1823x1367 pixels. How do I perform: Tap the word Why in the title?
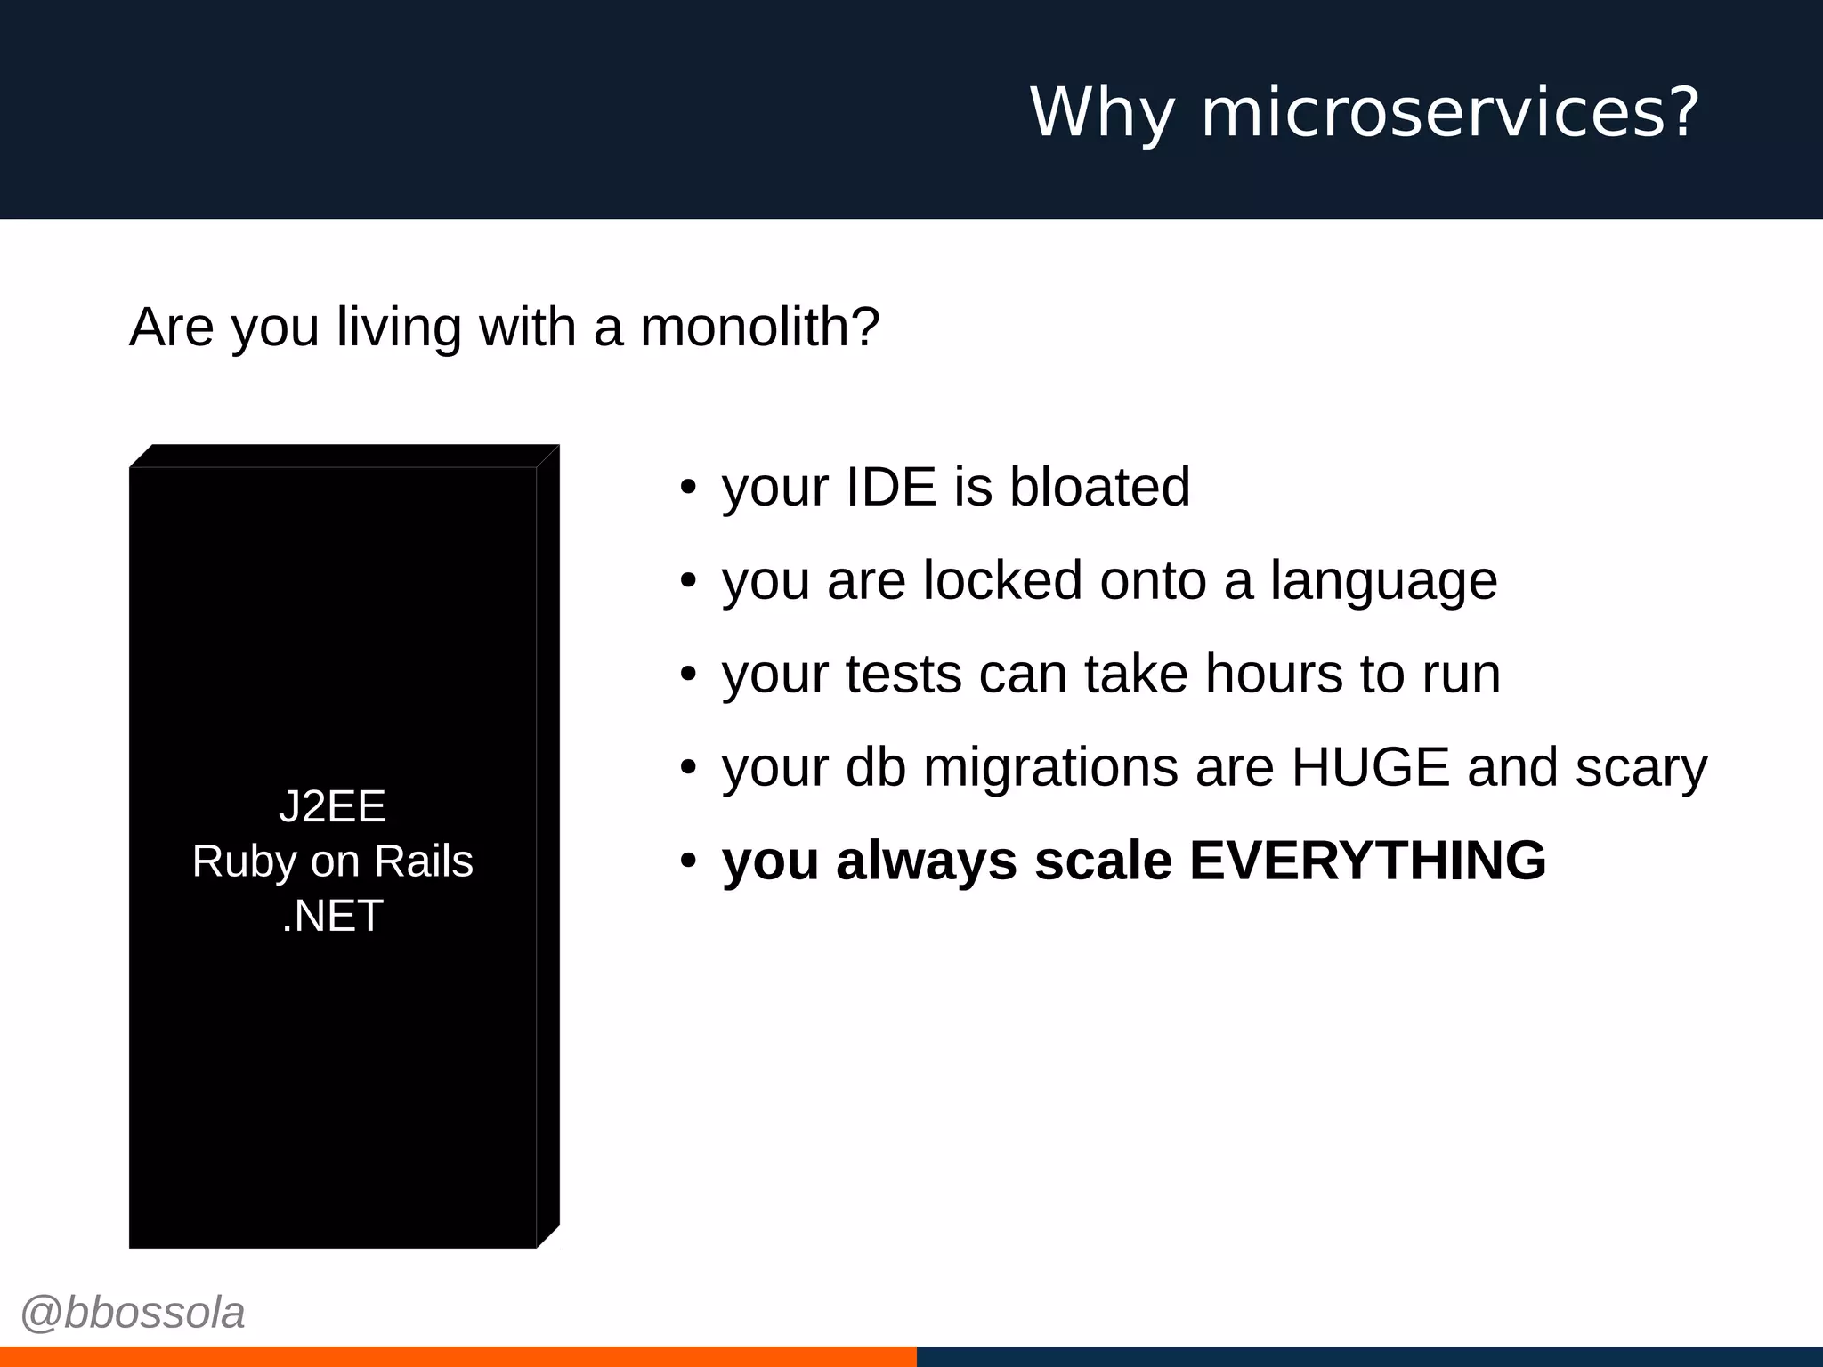(x=1102, y=113)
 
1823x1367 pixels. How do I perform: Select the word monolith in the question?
(x=759, y=327)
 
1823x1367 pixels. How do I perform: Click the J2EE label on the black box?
(x=332, y=806)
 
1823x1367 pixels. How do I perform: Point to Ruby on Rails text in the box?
(x=332, y=861)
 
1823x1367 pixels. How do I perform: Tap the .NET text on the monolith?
(x=332, y=916)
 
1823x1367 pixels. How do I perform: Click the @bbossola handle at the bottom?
(x=133, y=1313)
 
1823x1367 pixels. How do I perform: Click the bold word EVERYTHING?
(x=1367, y=861)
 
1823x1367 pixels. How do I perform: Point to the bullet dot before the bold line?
(x=687, y=861)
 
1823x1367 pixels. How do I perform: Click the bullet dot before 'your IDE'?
(x=687, y=488)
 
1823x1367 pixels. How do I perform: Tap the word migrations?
(x=1050, y=769)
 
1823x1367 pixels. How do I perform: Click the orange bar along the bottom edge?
(x=458, y=1356)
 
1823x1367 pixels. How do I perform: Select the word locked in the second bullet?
(x=1002, y=580)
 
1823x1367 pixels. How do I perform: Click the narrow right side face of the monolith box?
(x=548, y=845)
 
